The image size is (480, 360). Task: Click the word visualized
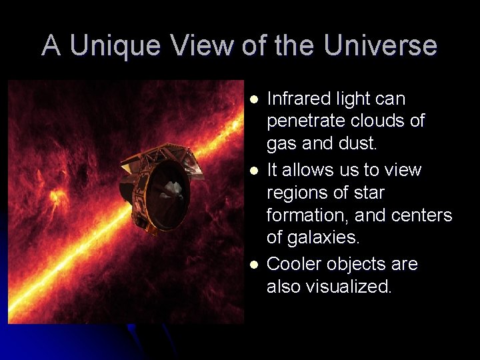pyautogui.click(x=329, y=287)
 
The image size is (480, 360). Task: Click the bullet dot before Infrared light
pyautogui.click(x=254, y=99)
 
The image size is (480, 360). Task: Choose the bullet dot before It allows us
pyautogui.click(x=254, y=171)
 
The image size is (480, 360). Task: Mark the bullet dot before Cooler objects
pyautogui.click(x=254, y=265)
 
